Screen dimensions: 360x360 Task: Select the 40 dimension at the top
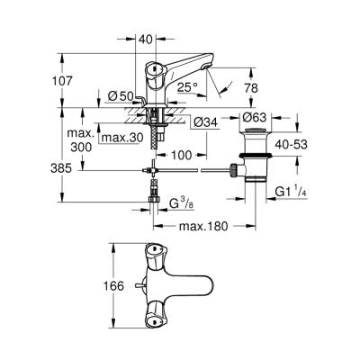[145, 39]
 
